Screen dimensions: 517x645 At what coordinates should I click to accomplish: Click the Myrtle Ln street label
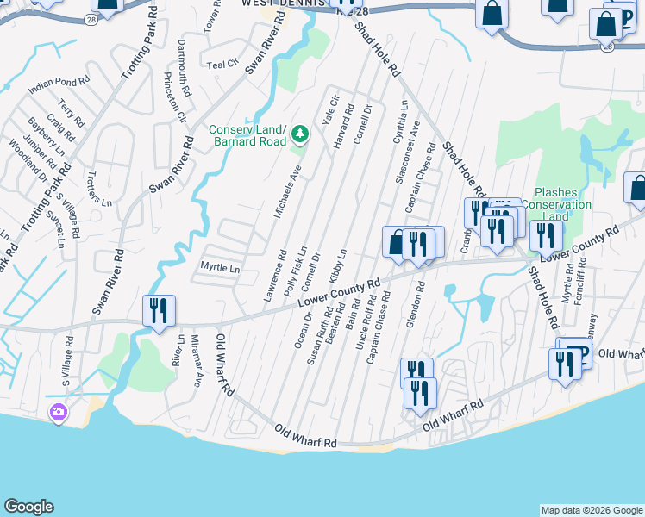pos(219,268)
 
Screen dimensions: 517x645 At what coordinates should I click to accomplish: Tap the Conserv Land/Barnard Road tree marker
pos(300,134)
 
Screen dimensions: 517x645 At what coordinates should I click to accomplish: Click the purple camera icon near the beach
pos(59,413)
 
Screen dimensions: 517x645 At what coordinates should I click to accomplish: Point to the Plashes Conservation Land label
pos(562,204)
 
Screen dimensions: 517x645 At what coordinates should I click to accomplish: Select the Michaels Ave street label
pos(287,191)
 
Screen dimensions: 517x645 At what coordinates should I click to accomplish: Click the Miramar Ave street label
pos(196,362)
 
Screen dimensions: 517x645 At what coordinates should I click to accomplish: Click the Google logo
pos(29,507)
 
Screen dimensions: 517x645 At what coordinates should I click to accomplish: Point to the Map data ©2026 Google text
pos(591,510)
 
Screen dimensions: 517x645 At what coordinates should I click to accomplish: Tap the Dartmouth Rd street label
pos(182,54)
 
